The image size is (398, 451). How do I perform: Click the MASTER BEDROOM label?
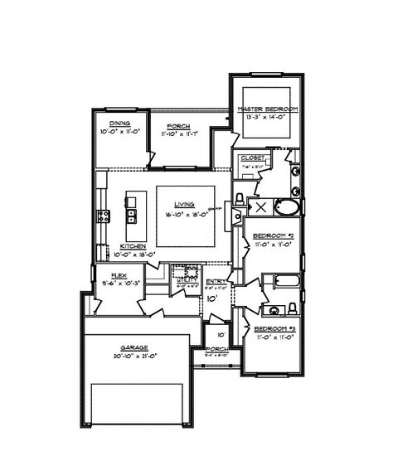[267, 109]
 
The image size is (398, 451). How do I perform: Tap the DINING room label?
[109, 124]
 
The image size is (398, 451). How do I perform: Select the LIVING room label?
[184, 204]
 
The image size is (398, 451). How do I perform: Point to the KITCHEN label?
[133, 246]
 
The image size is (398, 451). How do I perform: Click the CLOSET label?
[252, 158]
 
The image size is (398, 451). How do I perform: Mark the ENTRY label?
[216, 281]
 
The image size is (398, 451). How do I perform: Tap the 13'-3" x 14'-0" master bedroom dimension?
[267, 117]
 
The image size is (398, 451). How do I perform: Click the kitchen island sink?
[130, 218]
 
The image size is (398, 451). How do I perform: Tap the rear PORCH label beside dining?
[178, 126]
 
